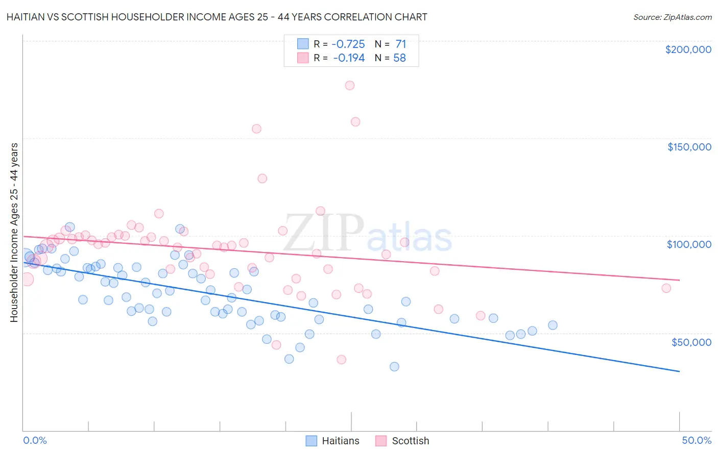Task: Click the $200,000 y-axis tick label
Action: pyautogui.click(x=688, y=49)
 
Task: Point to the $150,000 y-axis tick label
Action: pyautogui.click(x=689, y=147)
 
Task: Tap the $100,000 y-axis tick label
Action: pyautogui.click(x=689, y=244)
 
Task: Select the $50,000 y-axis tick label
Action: pyautogui.click(x=691, y=342)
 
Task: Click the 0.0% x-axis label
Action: pyautogui.click(x=35, y=440)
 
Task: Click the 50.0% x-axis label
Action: pyautogui.click(x=697, y=440)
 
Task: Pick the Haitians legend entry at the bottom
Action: pyautogui.click(x=340, y=441)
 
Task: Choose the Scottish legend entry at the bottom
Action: pyautogui.click(x=410, y=441)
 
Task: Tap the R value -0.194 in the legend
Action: pyautogui.click(x=349, y=58)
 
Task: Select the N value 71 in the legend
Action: pyautogui.click(x=400, y=44)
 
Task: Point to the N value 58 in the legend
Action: pyautogui.click(x=399, y=58)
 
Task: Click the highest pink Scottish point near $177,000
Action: pyautogui.click(x=350, y=85)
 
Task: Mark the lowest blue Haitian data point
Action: pyautogui.click(x=394, y=366)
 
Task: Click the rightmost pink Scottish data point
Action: pyautogui.click(x=666, y=288)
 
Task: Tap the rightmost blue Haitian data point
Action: pyautogui.click(x=553, y=325)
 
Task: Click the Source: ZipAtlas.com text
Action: pyautogui.click(x=672, y=17)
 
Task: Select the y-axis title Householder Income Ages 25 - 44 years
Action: pyautogui.click(x=14, y=233)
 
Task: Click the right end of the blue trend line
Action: pyautogui.click(x=679, y=371)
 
